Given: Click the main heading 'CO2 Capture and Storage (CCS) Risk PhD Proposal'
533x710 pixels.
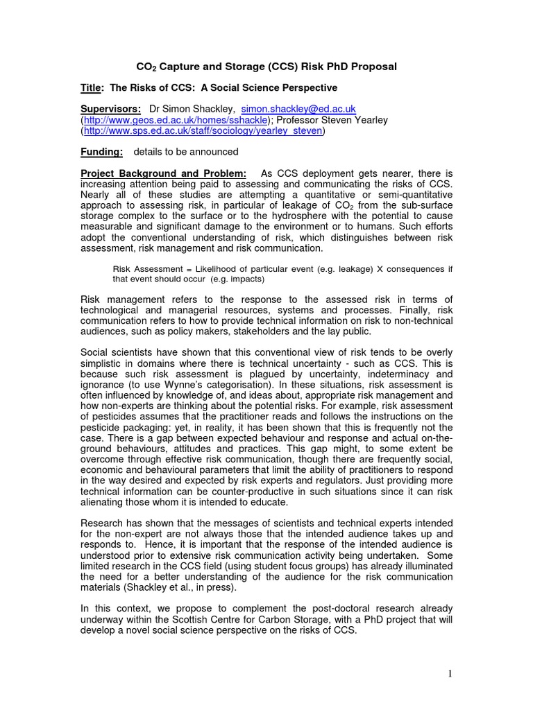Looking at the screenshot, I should [x=266, y=67].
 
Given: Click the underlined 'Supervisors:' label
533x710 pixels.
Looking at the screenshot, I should [x=110, y=109].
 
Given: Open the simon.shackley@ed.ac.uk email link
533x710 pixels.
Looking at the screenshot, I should [x=298, y=109].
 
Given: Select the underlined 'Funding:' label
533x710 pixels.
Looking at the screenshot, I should [x=102, y=151].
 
